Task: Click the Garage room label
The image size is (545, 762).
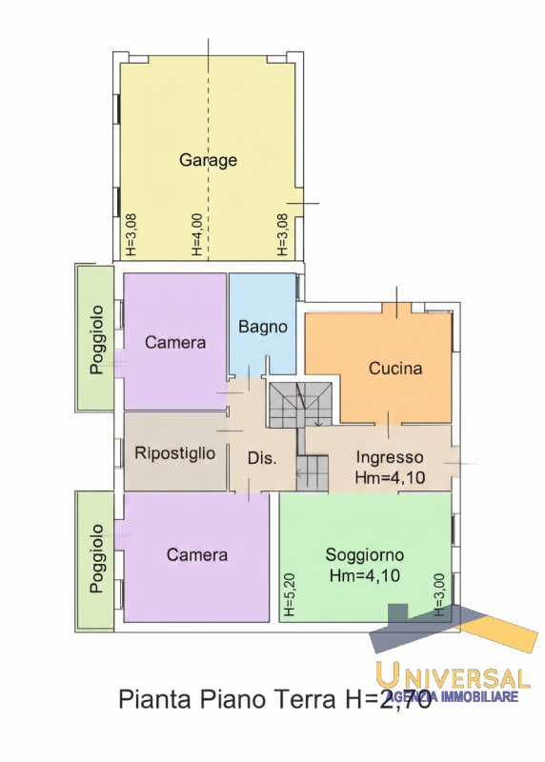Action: click(x=208, y=160)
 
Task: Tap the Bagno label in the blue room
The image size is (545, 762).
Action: click(x=263, y=327)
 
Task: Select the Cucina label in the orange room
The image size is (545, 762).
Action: click(x=395, y=369)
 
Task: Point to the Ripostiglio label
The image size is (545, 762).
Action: click(x=175, y=453)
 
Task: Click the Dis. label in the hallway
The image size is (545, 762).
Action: click(x=262, y=458)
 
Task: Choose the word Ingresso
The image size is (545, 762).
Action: click(x=390, y=458)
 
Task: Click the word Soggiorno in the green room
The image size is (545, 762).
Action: click(x=365, y=555)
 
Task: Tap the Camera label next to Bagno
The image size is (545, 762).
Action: click(x=175, y=343)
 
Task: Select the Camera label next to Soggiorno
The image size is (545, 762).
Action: click(x=197, y=555)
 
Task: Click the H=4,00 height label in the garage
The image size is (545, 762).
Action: click(x=196, y=235)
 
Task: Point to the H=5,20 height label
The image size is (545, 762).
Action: click(x=290, y=594)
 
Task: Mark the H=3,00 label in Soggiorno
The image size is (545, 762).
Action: click(x=439, y=594)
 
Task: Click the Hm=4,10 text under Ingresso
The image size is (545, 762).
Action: click(x=390, y=478)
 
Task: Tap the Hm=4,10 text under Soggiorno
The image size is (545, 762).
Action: click(x=365, y=576)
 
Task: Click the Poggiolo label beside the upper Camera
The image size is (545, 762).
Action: click(x=98, y=340)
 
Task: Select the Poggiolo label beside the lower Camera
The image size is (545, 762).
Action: click(x=98, y=558)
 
